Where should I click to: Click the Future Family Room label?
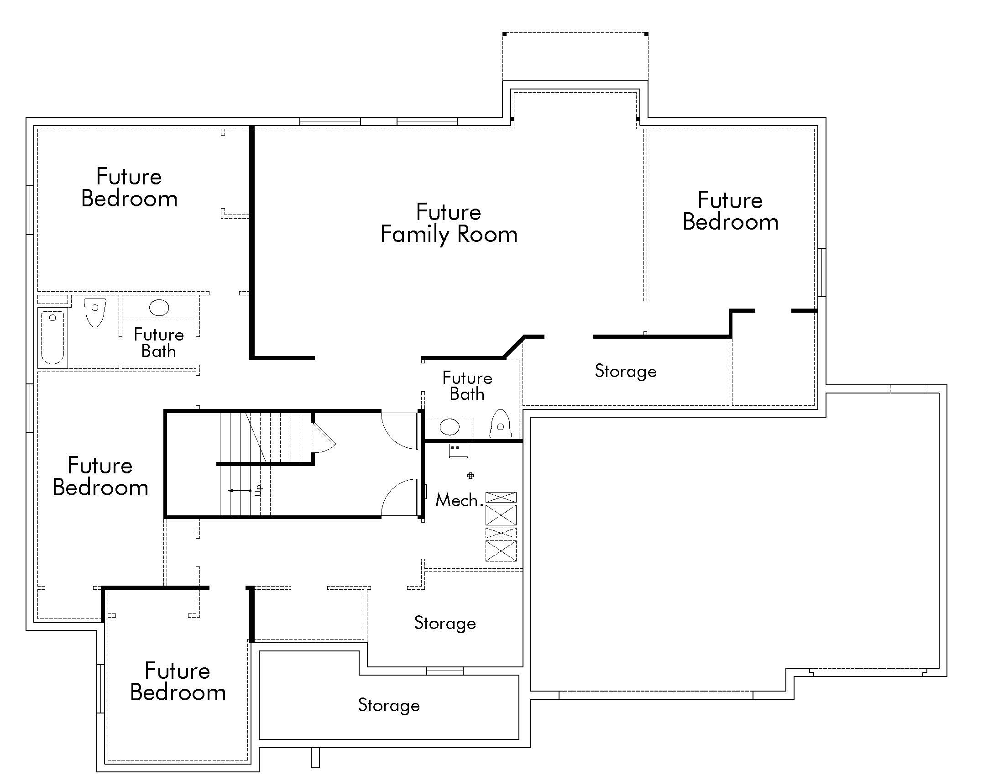(449, 223)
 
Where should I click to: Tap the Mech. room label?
(458, 500)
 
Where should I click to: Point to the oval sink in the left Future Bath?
(159, 308)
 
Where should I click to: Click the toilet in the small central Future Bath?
(500, 425)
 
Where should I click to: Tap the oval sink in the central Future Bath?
(449, 427)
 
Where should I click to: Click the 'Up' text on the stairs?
(258, 490)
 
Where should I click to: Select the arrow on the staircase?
(239, 491)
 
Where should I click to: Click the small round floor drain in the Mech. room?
(470, 476)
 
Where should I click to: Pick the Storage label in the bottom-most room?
(389, 705)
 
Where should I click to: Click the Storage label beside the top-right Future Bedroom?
(625, 371)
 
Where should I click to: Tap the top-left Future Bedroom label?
(129, 188)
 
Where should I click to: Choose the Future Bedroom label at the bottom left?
(178, 682)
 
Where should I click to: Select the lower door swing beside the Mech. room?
(398, 498)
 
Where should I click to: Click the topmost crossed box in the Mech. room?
(501, 497)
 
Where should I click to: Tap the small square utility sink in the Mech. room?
(458, 451)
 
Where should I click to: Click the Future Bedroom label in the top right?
(730, 211)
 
